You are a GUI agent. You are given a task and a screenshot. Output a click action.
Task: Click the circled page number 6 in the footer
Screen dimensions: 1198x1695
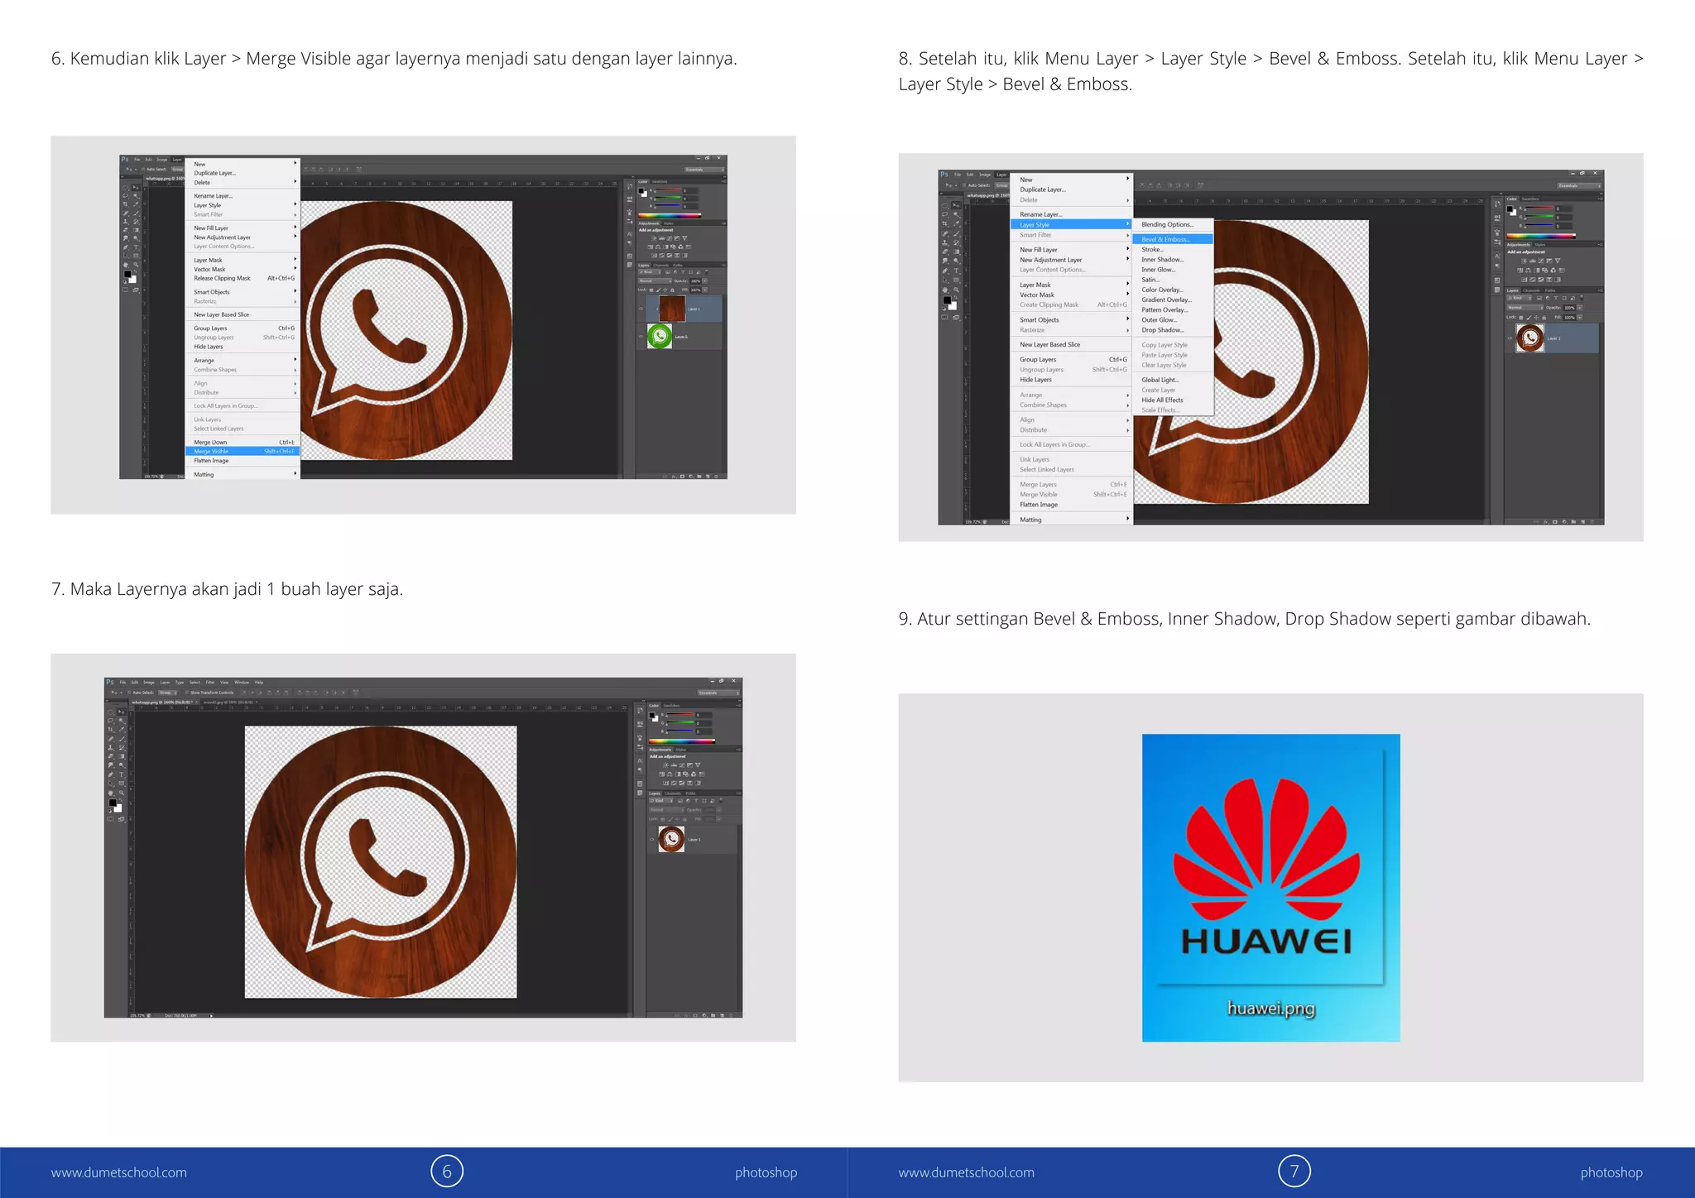pyautogui.click(x=447, y=1172)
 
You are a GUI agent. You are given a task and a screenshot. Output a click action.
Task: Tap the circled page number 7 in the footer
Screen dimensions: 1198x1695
pyautogui.click(x=1294, y=1172)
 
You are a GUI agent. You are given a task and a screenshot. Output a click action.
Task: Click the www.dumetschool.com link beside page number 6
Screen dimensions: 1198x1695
pyautogui.click(x=119, y=1172)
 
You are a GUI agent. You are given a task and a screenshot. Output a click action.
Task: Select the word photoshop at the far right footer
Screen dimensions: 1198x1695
pyautogui.click(x=1611, y=1172)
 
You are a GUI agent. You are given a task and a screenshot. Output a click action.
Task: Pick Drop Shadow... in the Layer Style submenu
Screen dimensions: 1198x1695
pyautogui.click(x=1163, y=330)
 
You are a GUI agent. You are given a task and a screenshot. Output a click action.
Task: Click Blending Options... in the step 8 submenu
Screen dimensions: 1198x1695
pyautogui.click(x=1167, y=224)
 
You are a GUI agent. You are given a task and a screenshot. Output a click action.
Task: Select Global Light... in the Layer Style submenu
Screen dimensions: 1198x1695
pyautogui.click(x=1160, y=380)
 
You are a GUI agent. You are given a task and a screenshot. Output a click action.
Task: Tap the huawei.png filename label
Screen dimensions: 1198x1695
pyautogui.click(x=1270, y=1008)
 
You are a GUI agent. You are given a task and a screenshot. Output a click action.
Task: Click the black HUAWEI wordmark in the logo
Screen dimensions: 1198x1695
pyautogui.click(x=1266, y=941)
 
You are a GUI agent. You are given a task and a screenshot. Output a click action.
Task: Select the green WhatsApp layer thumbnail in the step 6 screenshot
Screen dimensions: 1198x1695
pyautogui.click(x=660, y=336)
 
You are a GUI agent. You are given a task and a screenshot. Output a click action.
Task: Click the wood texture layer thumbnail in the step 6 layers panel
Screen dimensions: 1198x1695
pyautogui.click(x=671, y=309)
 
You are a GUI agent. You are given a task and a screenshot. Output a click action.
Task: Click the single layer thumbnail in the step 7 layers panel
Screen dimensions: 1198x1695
pyautogui.click(x=671, y=839)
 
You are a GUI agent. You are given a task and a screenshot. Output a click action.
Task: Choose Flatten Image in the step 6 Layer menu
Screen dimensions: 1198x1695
pyautogui.click(x=211, y=461)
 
